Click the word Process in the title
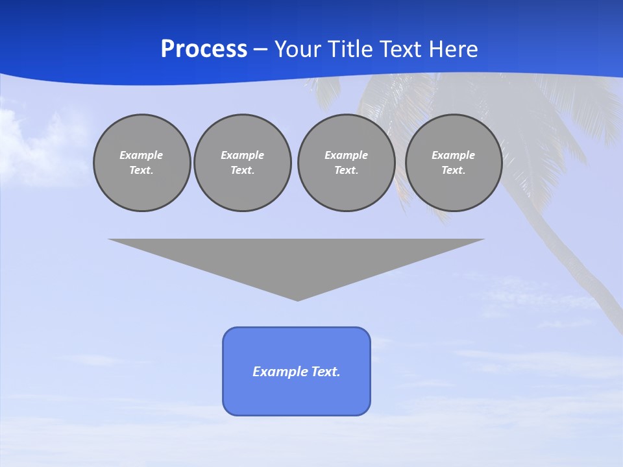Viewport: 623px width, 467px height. pos(204,49)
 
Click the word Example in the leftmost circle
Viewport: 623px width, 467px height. pos(141,155)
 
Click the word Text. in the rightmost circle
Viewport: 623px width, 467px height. pos(454,170)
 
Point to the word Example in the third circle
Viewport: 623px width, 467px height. pos(346,155)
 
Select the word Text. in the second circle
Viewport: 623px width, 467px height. pos(243,170)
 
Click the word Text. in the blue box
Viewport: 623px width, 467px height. pos(326,372)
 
